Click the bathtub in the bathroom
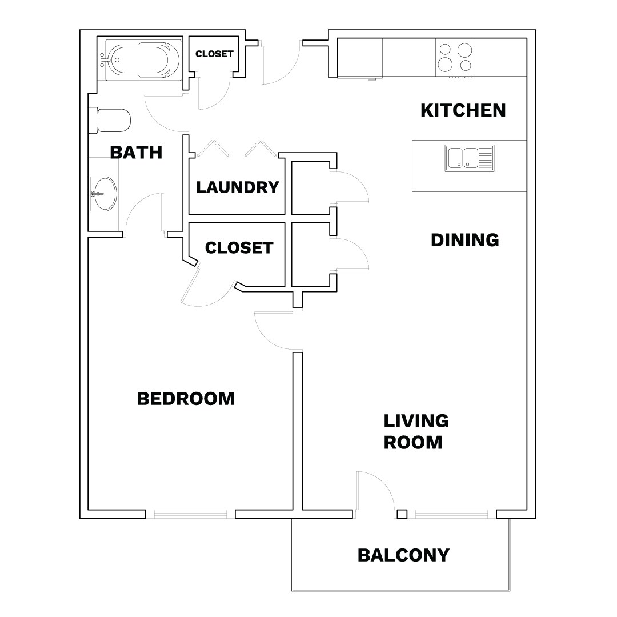pos(140,59)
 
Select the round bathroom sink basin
pos(103,194)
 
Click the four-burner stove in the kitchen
pos(455,57)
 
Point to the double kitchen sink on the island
pos(470,158)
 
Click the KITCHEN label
pos(463,110)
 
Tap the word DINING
pos(464,240)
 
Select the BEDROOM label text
pos(186,399)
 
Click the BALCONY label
pos(403,555)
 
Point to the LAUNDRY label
pos(238,187)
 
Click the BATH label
pos(136,153)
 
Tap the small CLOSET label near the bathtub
pos(214,54)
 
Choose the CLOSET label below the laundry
pos(239,248)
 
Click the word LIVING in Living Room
pos(415,422)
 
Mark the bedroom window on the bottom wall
pos(194,514)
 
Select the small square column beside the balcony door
pos(402,514)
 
